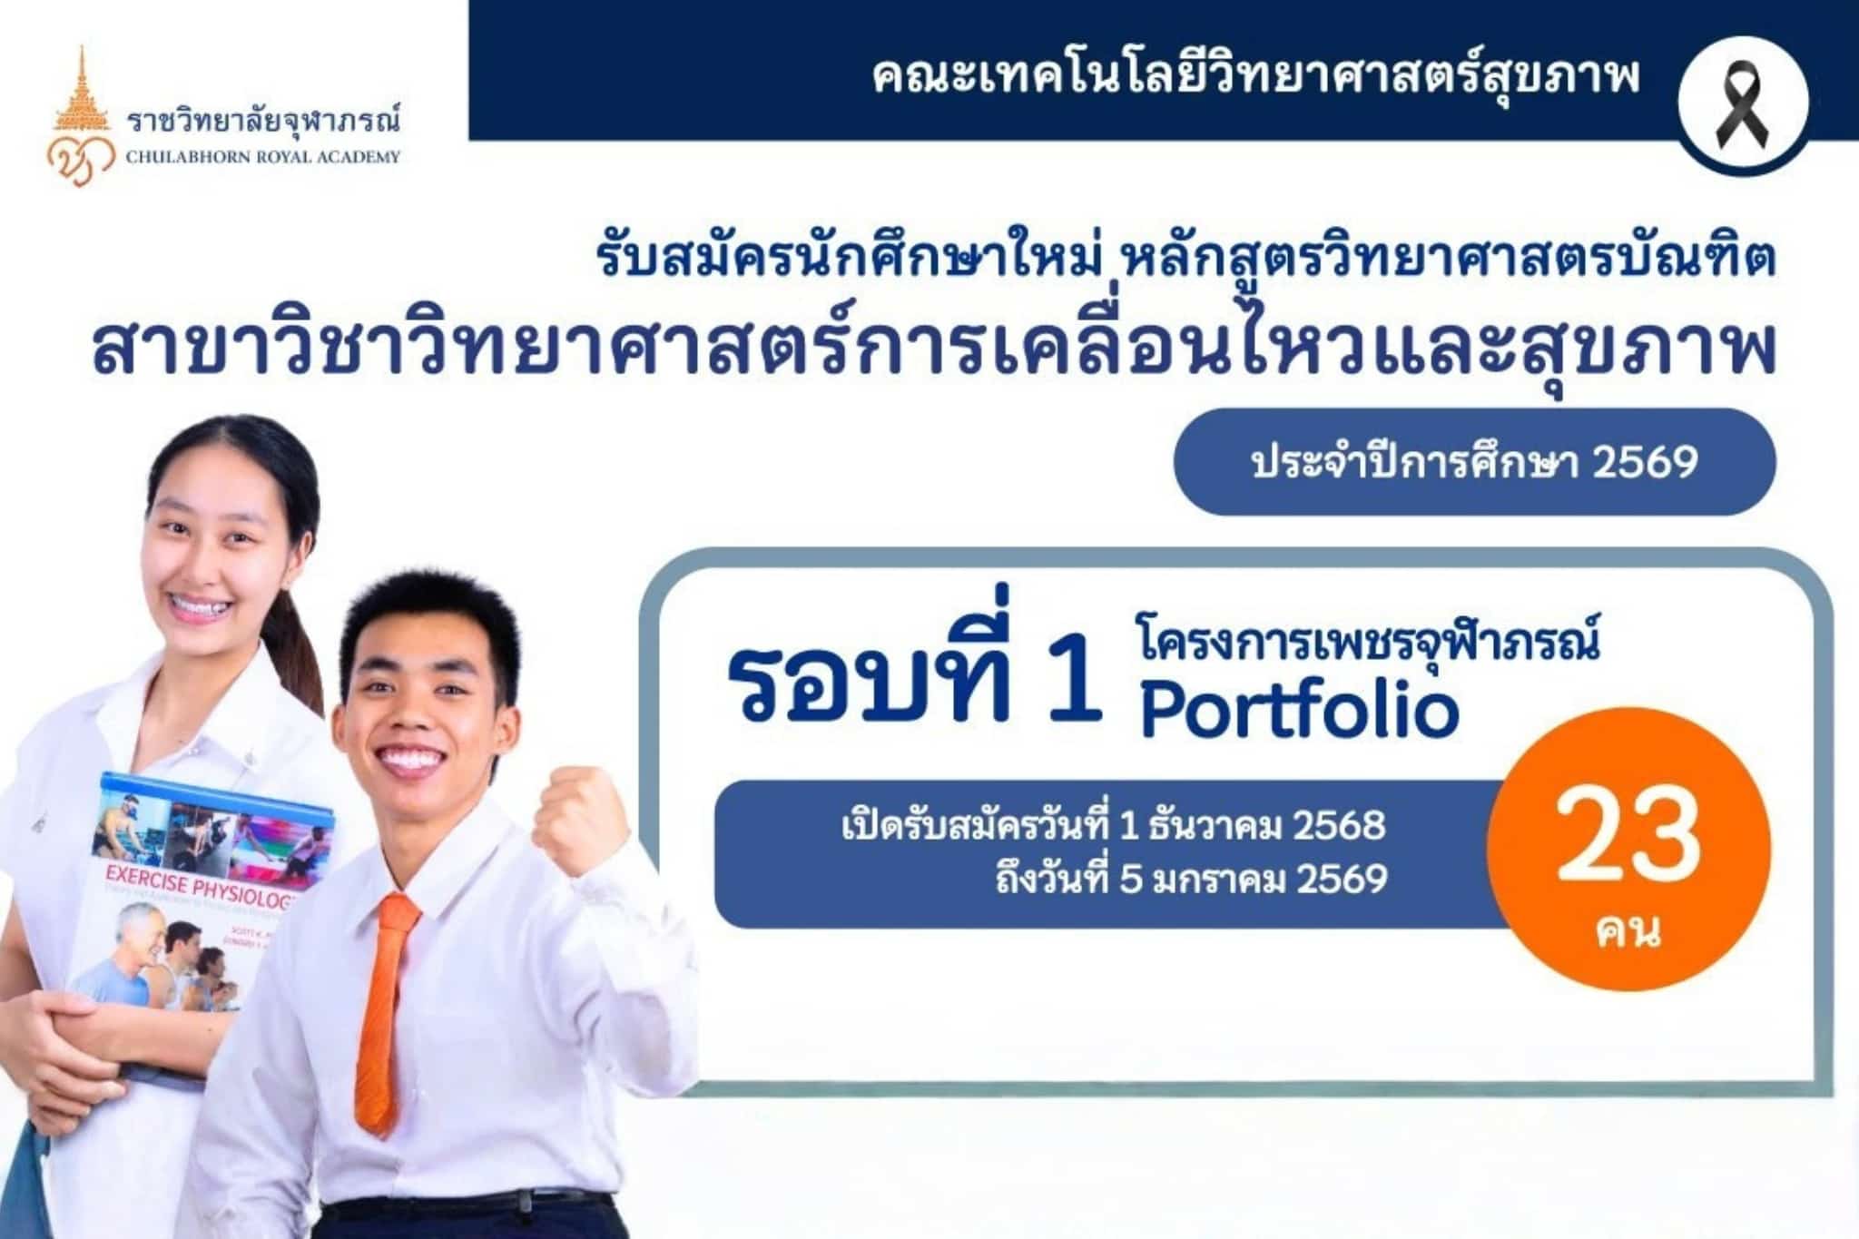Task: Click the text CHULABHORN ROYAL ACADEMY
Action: (263, 157)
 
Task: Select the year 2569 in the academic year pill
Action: (1645, 463)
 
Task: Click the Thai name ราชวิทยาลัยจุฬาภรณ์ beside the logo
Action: (263, 121)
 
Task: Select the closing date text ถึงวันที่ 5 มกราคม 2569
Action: (1190, 880)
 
